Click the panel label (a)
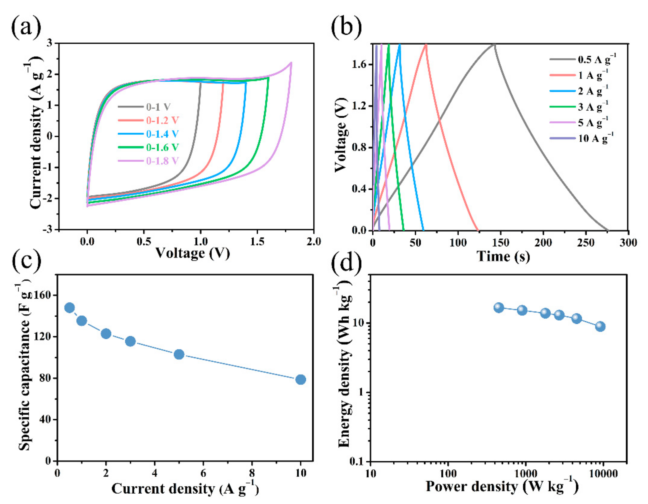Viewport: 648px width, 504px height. coord(26,27)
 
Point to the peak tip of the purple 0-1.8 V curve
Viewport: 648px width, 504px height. coord(291,63)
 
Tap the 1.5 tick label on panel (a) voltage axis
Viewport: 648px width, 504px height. coord(257,242)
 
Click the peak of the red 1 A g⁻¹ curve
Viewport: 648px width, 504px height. coord(426,44)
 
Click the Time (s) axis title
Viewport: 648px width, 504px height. coord(503,256)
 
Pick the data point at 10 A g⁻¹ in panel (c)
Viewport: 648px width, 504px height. coord(301,379)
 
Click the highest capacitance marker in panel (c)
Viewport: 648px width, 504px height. coord(69,308)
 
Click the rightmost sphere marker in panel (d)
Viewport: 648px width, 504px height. coord(600,326)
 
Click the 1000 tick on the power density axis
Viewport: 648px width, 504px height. coord(526,473)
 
